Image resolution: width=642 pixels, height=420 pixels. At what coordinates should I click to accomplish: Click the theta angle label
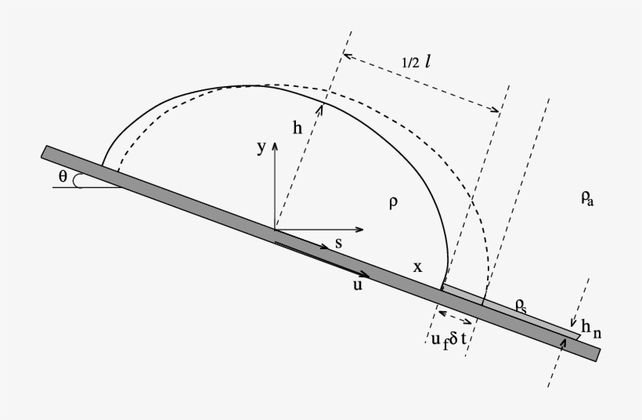pyautogui.click(x=63, y=177)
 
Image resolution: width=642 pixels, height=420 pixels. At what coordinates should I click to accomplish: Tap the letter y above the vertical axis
pyautogui.click(x=261, y=148)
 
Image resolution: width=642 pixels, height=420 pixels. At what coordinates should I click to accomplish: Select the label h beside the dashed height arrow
pyautogui.click(x=298, y=130)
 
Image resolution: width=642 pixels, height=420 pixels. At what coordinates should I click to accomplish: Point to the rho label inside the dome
pyautogui.click(x=393, y=203)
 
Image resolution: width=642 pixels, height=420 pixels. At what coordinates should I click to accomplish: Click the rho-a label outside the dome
pyautogui.click(x=587, y=199)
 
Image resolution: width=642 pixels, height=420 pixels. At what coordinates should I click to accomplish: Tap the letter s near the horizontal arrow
pyautogui.click(x=338, y=244)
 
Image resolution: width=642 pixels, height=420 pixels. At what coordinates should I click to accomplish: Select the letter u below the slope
pyautogui.click(x=357, y=285)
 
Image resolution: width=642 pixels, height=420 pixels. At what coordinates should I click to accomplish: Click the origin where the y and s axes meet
pyautogui.click(x=274, y=230)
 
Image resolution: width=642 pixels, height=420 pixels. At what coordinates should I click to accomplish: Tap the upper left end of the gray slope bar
pyautogui.click(x=46, y=151)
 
